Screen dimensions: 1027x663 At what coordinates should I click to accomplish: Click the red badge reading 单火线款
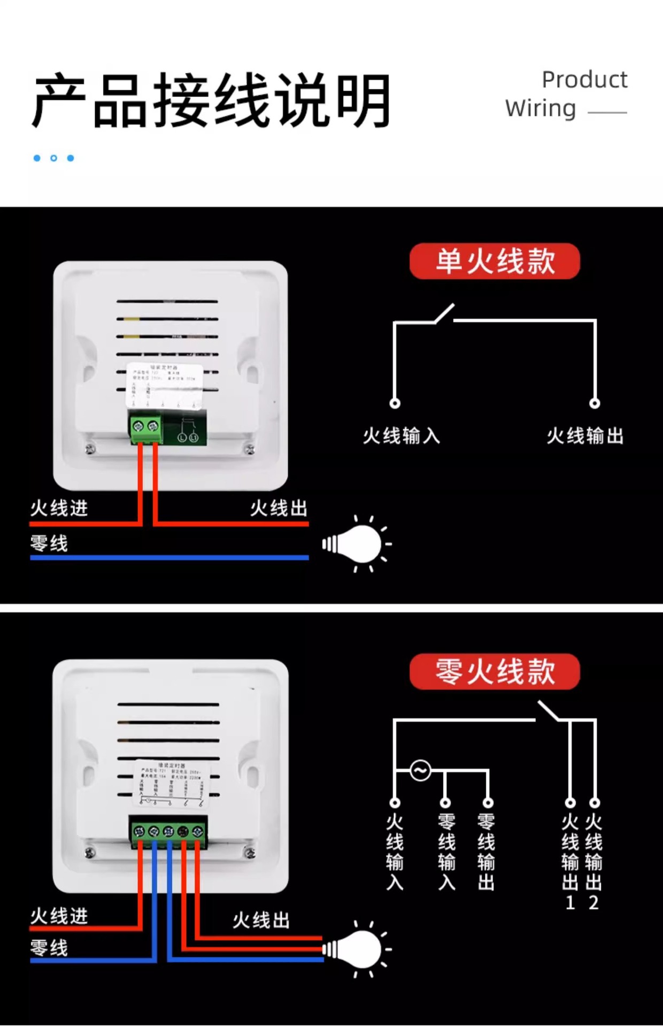[495, 261]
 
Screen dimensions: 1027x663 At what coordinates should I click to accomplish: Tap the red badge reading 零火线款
[495, 671]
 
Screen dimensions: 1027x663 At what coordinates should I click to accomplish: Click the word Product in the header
[584, 80]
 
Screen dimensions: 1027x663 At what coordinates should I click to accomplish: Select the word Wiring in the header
[541, 108]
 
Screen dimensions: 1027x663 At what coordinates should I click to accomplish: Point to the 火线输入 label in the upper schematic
[402, 436]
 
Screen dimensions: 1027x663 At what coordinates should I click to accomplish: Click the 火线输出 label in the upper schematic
[585, 436]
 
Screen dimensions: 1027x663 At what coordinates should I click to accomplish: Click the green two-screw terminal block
[146, 427]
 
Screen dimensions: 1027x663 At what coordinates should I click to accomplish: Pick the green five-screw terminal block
[168, 832]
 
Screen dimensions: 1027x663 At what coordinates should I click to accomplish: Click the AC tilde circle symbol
[420, 771]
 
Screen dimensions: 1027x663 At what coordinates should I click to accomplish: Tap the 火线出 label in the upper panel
[279, 508]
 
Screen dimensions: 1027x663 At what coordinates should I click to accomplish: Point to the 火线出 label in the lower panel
[261, 920]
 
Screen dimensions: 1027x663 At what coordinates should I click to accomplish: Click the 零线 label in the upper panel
[49, 543]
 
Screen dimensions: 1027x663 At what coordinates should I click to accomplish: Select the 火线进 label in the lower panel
[59, 916]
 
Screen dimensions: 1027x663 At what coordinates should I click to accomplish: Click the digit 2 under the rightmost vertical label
[593, 903]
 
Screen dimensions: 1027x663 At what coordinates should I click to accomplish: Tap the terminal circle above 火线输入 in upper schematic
[395, 403]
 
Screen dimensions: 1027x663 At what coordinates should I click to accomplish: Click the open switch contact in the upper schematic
[444, 313]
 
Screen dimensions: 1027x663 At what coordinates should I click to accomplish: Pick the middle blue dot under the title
[53, 158]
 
